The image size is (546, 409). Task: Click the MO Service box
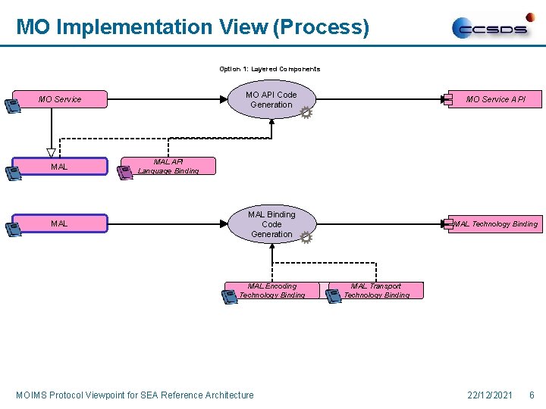61,99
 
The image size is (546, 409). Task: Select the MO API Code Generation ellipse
271,100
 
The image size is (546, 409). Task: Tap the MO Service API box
495,99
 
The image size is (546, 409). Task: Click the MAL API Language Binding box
168,166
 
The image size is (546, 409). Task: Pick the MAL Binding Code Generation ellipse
271,224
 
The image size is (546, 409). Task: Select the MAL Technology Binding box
496,223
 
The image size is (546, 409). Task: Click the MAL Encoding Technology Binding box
271,290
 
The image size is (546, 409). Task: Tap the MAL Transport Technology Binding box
376,290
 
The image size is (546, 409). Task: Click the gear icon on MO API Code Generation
306,113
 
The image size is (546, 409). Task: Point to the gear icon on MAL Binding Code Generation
306,238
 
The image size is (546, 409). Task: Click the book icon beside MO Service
13,106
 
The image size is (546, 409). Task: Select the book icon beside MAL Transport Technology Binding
333,296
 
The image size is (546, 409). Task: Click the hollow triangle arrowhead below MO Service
52,153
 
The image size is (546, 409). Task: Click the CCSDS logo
493,27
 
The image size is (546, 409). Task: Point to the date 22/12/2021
491,395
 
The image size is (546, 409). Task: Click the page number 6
532,395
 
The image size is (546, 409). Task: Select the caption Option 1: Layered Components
270,69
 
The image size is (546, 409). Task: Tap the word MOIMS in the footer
33,395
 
